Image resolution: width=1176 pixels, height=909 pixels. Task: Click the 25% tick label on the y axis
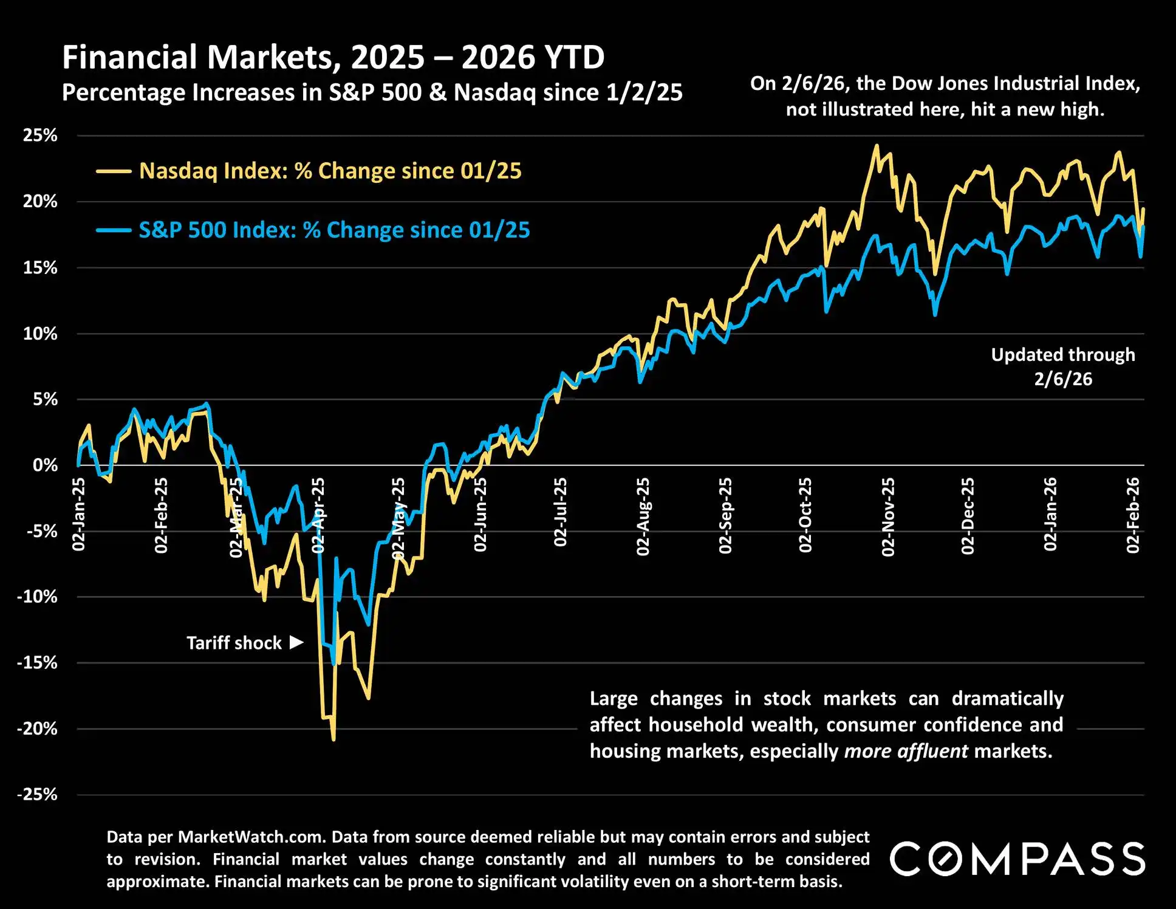point(40,135)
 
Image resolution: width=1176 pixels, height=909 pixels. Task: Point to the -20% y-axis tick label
point(37,729)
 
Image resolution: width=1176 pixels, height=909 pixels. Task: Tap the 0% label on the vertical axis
point(45,465)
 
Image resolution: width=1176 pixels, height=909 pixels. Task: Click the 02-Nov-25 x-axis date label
point(888,516)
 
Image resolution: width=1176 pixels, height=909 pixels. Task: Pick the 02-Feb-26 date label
point(1133,515)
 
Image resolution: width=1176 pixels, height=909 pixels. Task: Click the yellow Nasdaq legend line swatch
point(114,171)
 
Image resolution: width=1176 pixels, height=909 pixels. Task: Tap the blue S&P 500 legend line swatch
point(114,230)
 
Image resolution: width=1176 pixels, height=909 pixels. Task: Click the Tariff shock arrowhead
point(296,642)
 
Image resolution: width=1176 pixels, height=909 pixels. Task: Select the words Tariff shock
point(234,643)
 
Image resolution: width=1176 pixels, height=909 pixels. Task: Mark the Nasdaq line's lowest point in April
point(333,739)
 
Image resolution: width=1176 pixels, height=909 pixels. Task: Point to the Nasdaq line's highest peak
point(876,146)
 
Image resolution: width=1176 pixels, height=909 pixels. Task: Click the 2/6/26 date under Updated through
point(1063,379)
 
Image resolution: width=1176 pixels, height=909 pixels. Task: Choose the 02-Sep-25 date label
point(725,515)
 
